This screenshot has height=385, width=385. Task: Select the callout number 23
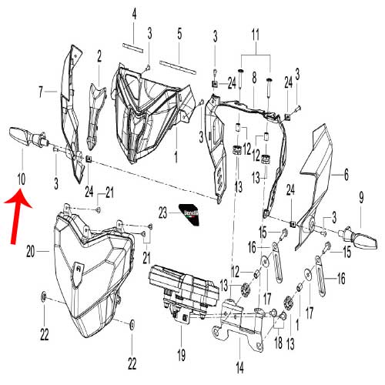pos(162,213)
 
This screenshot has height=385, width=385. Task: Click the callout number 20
pos(30,252)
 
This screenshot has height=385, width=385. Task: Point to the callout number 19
pos(181,355)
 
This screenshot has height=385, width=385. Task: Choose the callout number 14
pos(240,367)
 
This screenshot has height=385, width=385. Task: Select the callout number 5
pos(179,34)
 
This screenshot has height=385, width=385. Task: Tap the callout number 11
pos(256,35)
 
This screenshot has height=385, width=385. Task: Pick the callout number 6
pos(346,174)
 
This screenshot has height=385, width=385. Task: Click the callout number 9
pos(361,198)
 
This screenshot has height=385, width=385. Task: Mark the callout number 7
pos(41,92)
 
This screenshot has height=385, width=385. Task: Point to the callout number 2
pos(99,56)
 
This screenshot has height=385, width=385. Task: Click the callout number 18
pos(279,343)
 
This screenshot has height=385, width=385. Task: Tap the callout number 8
pos(254,77)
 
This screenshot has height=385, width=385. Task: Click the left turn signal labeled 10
pos(28,138)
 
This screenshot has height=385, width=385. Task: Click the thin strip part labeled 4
pos(132,48)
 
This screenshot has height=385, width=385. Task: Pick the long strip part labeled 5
pos(178,67)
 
